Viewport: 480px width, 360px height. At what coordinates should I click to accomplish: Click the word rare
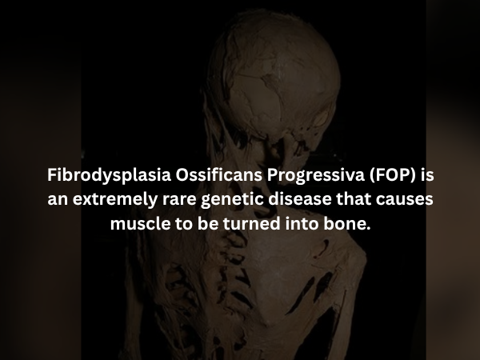click(174, 199)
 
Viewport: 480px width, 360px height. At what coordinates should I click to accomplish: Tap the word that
click(353, 199)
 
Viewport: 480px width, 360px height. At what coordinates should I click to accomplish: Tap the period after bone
click(369, 228)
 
